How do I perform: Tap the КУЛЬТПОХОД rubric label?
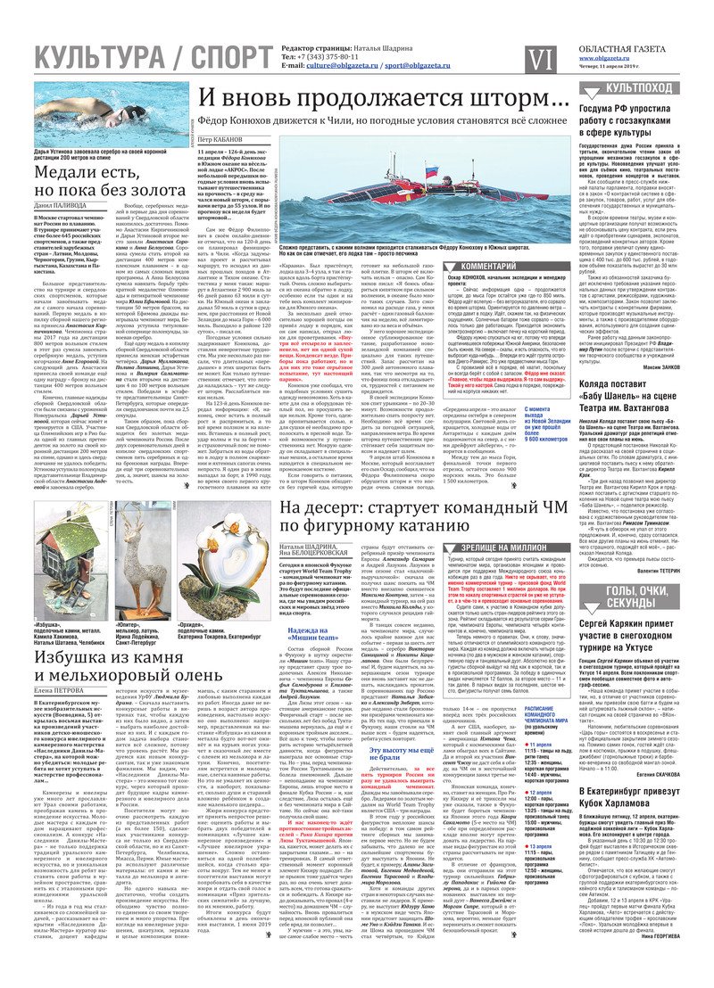643,87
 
